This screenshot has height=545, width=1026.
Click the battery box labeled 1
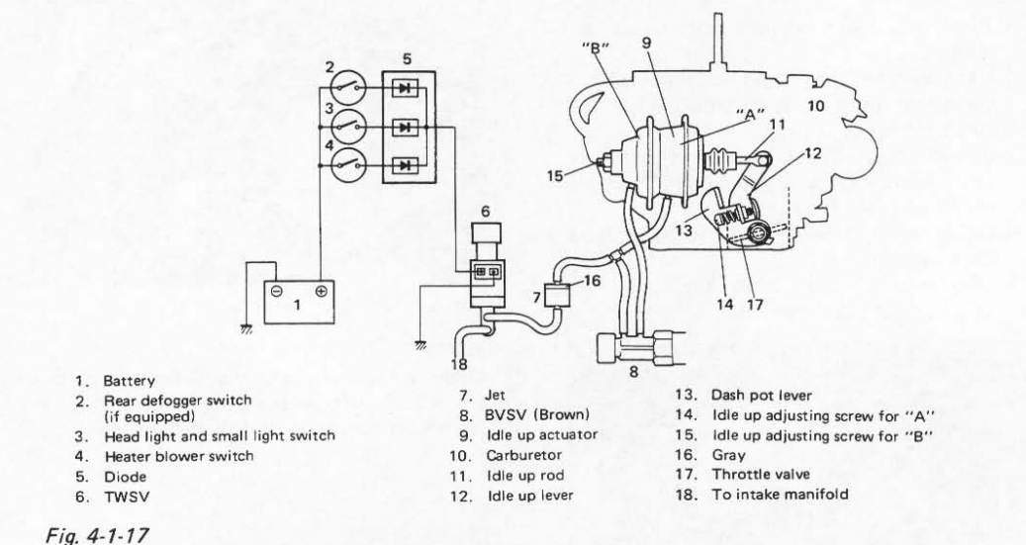pyautogui.click(x=299, y=302)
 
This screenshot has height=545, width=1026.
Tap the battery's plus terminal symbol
pyautogui.click(x=321, y=291)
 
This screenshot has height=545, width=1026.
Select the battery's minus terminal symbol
pyautogui.click(x=277, y=292)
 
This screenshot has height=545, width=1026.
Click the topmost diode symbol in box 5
pyautogui.click(x=405, y=87)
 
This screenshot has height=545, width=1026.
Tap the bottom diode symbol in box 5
pyautogui.click(x=405, y=165)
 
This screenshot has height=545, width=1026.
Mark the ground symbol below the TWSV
pyautogui.click(x=421, y=345)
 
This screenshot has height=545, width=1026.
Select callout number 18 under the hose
pyautogui.click(x=459, y=364)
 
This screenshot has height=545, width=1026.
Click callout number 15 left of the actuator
pyautogui.click(x=555, y=175)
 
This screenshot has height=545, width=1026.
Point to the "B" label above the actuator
pyautogui.click(x=596, y=49)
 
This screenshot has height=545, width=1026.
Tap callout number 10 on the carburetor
pyautogui.click(x=816, y=105)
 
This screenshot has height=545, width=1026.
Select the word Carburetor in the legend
pyautogui.click(x=523, y=455)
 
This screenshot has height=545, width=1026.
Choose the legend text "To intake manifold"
pyautogui.click(x=780, y=494)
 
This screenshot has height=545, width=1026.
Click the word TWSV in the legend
pyautogui.click(x=127, y=497)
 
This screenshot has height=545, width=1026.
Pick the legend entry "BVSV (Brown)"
pyautogui.click(x=536, y=414)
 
